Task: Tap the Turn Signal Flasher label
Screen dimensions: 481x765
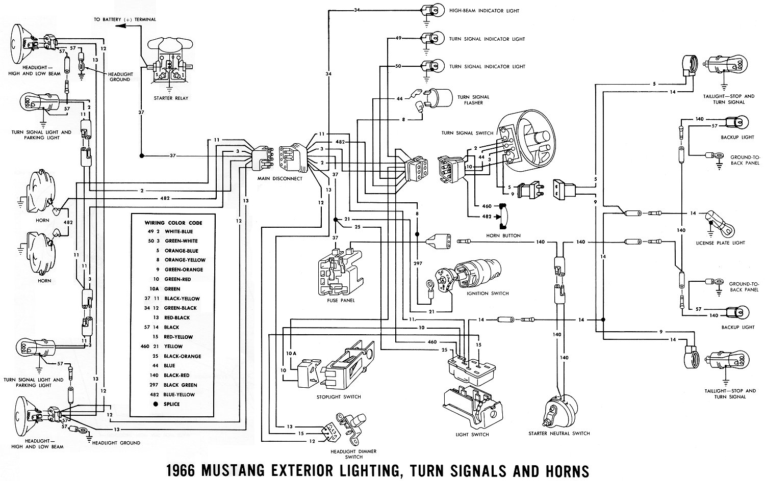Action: pyautogui.click(x=473, y=100)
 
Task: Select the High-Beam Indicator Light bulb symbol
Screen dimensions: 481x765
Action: pyautogui.click(x=427, y=10)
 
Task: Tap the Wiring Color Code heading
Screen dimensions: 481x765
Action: pyautogui.click(x=173, y=223)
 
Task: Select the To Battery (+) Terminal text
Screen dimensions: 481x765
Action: pyautogui.click(x=124, y=19)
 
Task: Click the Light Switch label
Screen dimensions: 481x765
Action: pyautogui.click(x=472, y=435)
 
